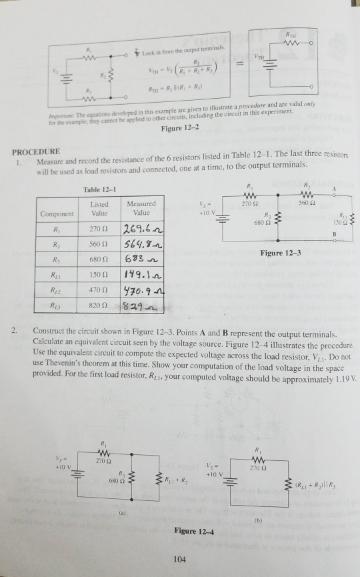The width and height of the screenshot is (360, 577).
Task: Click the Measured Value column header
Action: tap(141, 207)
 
